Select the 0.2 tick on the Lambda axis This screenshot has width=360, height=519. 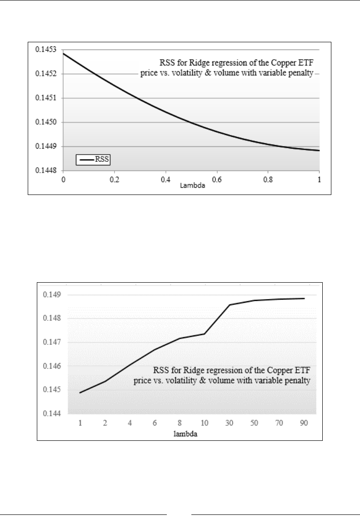click(x=114, y=180)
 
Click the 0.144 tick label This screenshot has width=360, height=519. click(x=51, y=414)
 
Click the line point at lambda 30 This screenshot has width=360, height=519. click(x=230, y=304)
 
